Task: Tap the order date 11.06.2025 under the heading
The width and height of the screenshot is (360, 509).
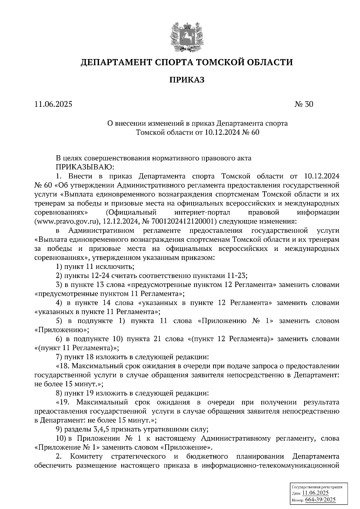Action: (53, 104)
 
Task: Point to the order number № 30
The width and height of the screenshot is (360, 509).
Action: (304, 104)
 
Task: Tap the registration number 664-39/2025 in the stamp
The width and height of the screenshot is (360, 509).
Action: (320, 500)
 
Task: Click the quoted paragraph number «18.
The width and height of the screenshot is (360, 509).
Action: (62, 366)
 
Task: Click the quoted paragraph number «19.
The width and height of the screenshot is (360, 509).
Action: (62, 402)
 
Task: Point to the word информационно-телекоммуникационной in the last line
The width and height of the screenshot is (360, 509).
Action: (271, 466)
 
